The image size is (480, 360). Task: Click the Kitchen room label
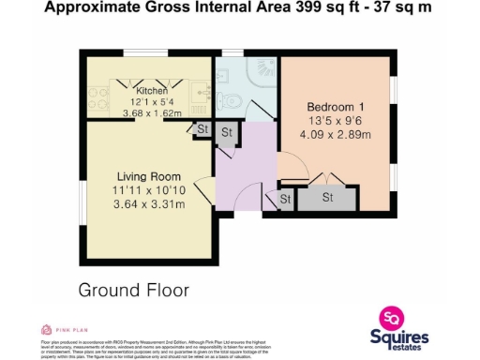click(x=151, y=91)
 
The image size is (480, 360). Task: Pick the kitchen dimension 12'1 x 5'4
click(x=151, y=102)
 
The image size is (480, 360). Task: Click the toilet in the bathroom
click(x=232, y=101)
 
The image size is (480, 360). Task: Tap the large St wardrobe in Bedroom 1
click(x=327, y=199)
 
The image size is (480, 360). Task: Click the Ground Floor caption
click(x=133, y=290)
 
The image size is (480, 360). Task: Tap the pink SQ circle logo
click(x=391, y=318)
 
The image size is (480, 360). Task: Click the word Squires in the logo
click(x=397, y=337)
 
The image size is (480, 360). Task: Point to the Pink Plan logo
click(x=64, y=329)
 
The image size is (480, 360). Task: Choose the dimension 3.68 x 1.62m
click(x=151, y=113)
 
